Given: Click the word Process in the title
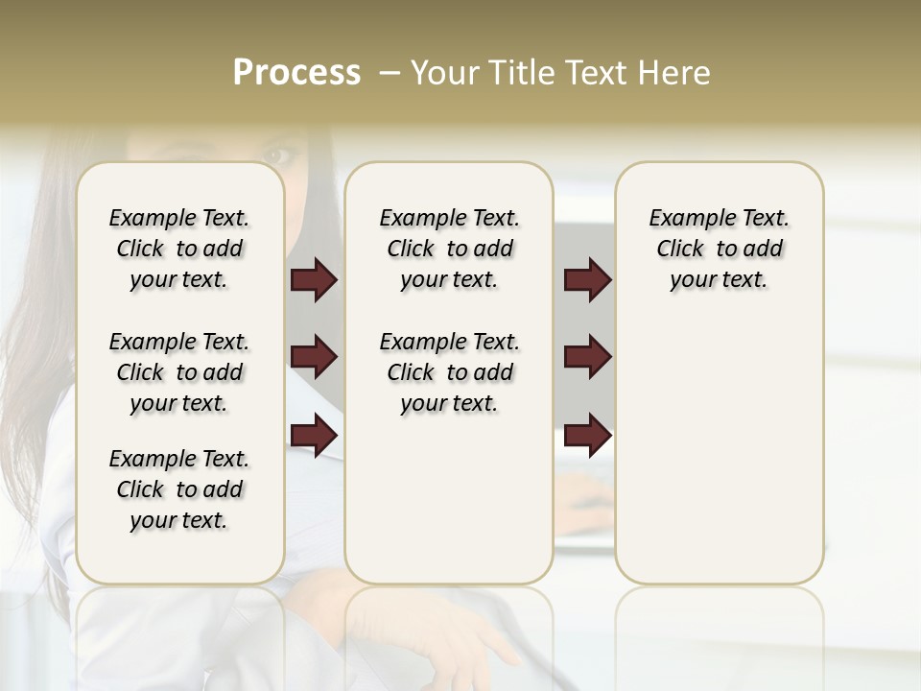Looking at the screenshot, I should (296, 73).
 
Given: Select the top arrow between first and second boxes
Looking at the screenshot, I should (314, 279).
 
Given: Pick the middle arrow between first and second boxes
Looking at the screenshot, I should (314, 358).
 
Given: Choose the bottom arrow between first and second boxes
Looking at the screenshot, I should (314, 436).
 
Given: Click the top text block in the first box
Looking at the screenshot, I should (179, 249).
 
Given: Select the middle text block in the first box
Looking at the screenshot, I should (179, 372).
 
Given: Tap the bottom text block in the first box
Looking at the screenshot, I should (179, 489).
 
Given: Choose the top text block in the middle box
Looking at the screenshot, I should (449, 249).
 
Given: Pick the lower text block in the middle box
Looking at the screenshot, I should (449, 372).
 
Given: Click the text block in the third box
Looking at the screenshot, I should (719, 249).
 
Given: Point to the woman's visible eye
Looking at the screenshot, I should (277, 154).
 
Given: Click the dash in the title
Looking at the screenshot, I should (390, 73).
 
